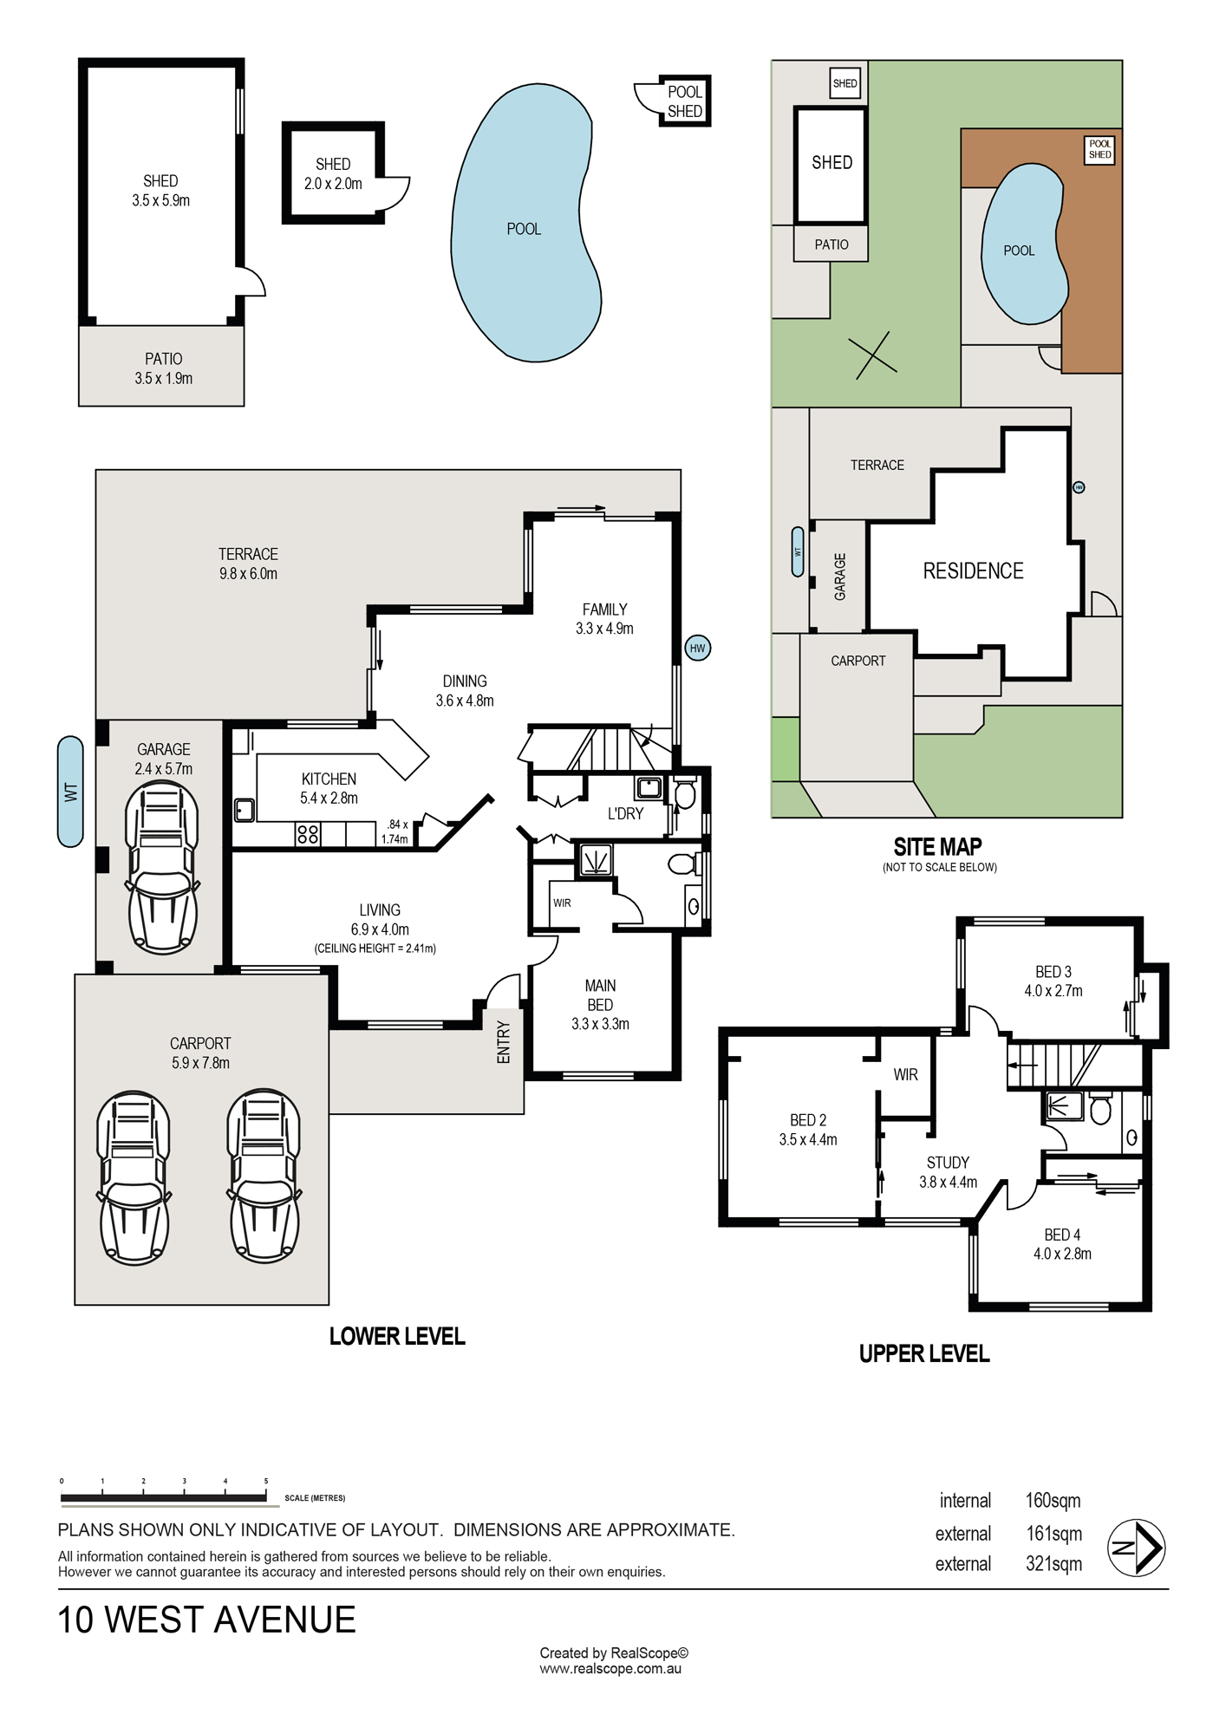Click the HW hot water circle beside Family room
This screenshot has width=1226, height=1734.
[698, 648]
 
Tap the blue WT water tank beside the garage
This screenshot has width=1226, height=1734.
[70, 792]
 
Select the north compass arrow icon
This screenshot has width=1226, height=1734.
[1137, 1548]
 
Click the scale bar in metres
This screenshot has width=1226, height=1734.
[164, 1497]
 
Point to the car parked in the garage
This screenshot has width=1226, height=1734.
[162, 867]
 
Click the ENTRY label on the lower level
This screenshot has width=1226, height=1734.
[504, 1042]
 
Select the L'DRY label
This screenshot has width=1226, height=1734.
[625, 814]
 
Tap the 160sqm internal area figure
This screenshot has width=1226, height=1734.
[1053, 1501]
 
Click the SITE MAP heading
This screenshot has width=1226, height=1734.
[938, 847]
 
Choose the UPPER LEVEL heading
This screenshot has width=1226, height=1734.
[924, 1354]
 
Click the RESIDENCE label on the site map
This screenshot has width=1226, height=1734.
[973, 570]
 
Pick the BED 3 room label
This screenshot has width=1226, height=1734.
[1053, 972]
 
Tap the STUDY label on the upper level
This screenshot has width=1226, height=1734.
[948, 1163]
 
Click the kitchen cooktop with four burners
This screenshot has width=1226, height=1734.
[308, 834]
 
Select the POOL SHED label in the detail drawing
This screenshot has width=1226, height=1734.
[685, 101]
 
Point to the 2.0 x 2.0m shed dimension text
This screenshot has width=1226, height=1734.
[333, 184]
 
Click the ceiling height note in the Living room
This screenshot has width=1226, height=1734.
[375, 948]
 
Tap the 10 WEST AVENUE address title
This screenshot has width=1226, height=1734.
[206, 1620]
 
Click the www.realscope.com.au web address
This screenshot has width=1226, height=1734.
[610, 1669]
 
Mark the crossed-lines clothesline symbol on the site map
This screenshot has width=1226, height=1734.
[872, 355]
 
